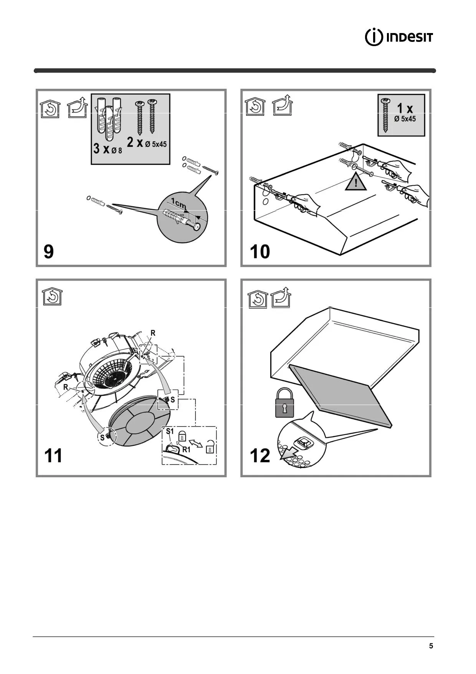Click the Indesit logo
(x=399, y=37)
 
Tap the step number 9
(x=49, y=252)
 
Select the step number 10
(x=260, y=252)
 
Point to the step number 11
(x=53, y=456)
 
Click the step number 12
(x=260, y=456)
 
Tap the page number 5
(x=431, y=646)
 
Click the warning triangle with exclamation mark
(x=356, y=183)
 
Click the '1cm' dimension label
(x=178, y=203)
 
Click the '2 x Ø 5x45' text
(x=147, y=143)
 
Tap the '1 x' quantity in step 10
(x=405, y=108)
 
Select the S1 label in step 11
(x=170, y=432)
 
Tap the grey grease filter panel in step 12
(x=340, y=396)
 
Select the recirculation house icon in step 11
(x=52, y=297)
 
